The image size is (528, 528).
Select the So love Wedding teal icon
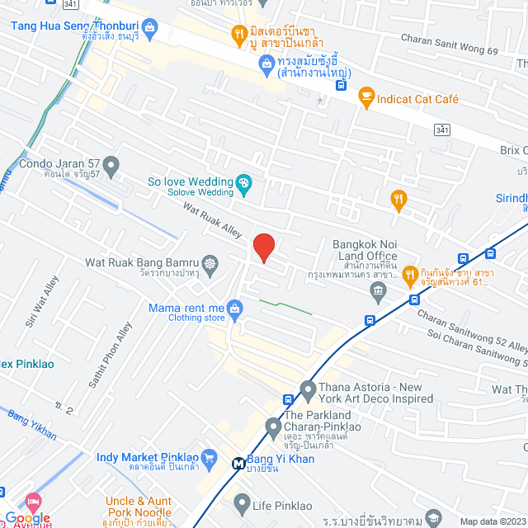click(243, 181)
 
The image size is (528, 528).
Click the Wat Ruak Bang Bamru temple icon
click(210, 263)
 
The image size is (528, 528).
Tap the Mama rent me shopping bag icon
click(236, 309)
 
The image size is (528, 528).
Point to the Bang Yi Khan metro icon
click(238, 463)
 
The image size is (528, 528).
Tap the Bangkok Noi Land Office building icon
click(379, 290)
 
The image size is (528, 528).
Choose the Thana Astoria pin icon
click(309, 388)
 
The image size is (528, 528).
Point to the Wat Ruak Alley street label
click(212, 222)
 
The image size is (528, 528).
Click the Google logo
click(27, 517)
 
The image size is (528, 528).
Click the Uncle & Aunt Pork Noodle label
click(138, 507)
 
